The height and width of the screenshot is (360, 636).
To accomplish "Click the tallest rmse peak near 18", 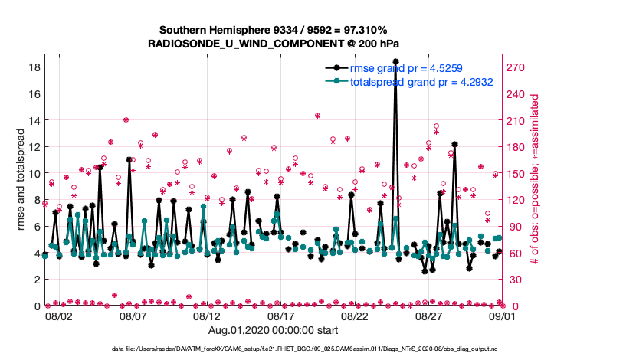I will point(395,61).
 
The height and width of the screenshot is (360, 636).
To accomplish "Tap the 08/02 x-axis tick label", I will point(59,316).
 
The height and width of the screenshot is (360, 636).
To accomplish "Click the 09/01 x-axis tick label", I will point(503,316).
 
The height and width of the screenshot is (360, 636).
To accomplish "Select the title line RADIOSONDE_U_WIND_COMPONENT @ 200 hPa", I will point(273,44).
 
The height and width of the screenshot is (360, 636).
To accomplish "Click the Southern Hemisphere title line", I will point(273,30).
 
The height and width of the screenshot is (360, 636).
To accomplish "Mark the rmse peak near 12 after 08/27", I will point(454,144).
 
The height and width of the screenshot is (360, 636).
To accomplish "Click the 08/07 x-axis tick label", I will point(133,316).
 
